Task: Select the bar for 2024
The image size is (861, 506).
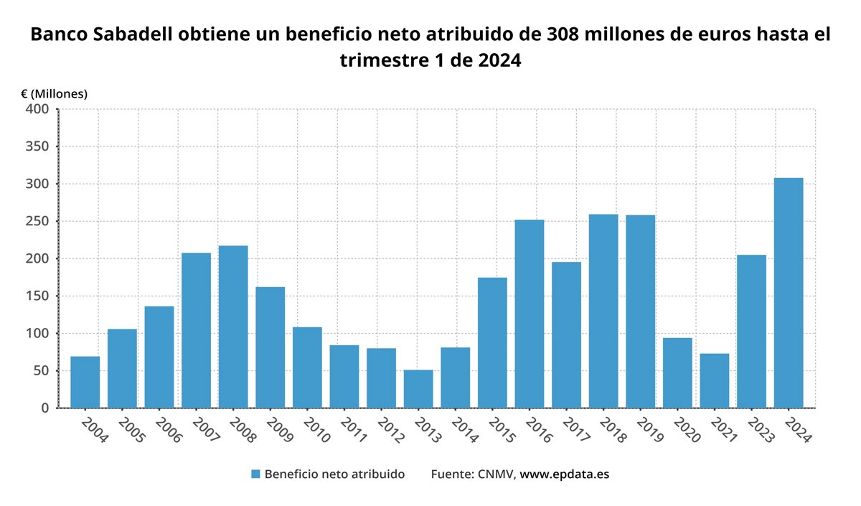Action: tap(789, 293)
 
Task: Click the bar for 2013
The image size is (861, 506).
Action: tap(418, 389)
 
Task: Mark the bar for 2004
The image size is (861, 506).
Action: tap(85, 382)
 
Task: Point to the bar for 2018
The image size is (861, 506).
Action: tap(603, 311)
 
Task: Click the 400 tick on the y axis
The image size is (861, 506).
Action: tap(37, 109)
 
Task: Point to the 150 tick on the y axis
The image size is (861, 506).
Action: tap(37, 296)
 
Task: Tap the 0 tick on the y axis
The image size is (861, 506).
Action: tap(44, 408)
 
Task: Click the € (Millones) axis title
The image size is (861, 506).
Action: tap(54, 93)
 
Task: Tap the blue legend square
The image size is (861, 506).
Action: tap(255, 474)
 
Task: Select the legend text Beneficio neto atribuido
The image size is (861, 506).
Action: tap(334, 474)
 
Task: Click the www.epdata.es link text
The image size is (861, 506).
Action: tap(564, 474)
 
